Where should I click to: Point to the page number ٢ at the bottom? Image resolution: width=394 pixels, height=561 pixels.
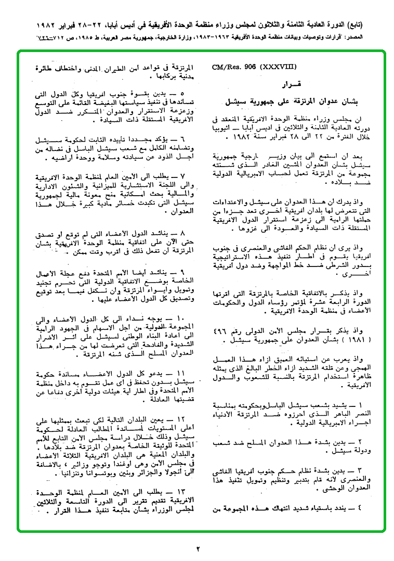pyautogui.click(x=198, y=548)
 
